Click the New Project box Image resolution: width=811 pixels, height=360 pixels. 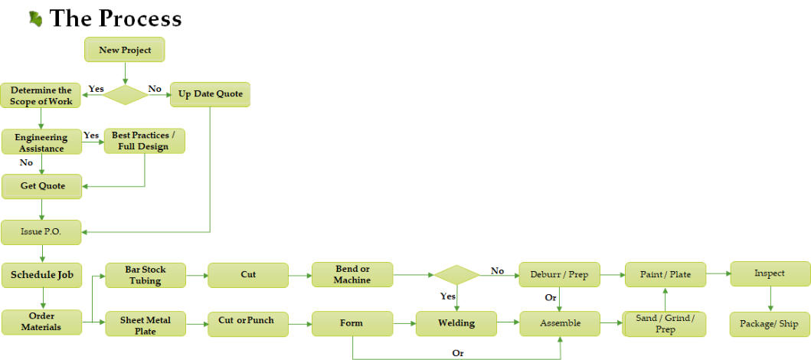tap(124, 50)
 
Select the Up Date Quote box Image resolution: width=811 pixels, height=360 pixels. tap(210, 94)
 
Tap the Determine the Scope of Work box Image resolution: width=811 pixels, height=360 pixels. tap(41, 96)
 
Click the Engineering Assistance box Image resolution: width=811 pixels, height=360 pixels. tap(41, 142)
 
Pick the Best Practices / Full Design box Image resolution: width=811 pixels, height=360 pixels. tap(144, 141)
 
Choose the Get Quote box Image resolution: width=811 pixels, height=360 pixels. tap(42, 186)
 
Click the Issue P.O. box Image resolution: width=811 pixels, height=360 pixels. tap(41, 232)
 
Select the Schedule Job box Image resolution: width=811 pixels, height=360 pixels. tap(41, 275)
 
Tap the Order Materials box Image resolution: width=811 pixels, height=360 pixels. tap(41, 322)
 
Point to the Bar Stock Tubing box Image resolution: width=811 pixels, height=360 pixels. tap(145, 275)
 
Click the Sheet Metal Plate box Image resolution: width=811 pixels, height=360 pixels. tap(145, 324)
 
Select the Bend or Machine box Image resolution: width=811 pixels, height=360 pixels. tap(352, 275)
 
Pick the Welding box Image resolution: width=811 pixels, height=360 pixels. tap(456, 323)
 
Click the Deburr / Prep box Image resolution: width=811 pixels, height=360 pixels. tap(559, 274)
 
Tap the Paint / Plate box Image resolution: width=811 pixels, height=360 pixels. tap(664, 273)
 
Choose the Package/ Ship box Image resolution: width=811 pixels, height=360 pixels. tap(769, 324)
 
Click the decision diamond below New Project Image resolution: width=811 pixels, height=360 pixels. tap(125, 94)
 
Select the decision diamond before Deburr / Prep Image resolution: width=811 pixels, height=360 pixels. tap(456, 275)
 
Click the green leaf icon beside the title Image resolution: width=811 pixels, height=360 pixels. tap(35, 18)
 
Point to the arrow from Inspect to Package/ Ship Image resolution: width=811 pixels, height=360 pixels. tap(770, 299)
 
